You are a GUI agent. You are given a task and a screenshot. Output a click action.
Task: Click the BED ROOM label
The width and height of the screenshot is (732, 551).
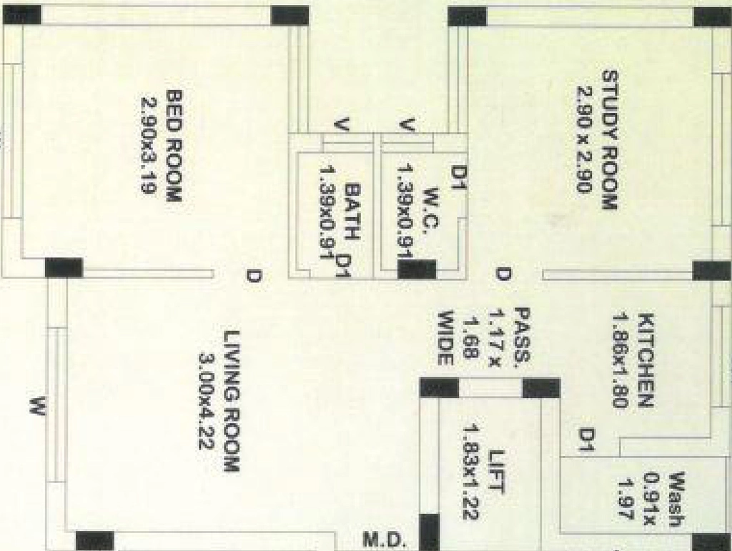point(173,146)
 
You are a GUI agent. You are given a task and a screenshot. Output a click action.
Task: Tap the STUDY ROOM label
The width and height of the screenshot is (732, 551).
point(610,139)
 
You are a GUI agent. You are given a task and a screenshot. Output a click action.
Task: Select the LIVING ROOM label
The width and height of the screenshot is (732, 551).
point(232,401)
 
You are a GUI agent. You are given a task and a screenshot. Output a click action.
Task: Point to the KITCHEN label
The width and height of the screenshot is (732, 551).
point(646,361)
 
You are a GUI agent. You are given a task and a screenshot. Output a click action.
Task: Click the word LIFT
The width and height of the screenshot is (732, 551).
point(496,471)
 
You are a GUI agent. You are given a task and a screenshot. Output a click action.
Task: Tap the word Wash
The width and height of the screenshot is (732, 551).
point(677,500)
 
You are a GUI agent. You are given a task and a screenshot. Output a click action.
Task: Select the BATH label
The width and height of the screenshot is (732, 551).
point(353,212)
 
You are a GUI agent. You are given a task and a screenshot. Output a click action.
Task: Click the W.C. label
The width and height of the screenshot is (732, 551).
point(431,208)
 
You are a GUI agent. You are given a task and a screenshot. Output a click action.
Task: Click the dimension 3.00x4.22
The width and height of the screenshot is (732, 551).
point(207,402)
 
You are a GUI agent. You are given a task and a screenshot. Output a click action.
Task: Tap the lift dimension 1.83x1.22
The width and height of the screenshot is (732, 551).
point(472,471)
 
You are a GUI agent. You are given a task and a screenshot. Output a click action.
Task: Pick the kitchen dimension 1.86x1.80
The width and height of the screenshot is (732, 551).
point(621,361)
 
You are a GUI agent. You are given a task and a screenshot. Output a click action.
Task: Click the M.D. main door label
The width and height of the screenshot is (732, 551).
point(383,540)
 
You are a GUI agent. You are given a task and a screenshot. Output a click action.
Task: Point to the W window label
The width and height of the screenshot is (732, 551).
point(38,405)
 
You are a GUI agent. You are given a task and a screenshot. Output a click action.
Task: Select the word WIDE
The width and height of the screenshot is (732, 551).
point(445,337)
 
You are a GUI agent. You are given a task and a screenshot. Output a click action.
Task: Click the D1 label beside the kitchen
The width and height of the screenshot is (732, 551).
point(587,440)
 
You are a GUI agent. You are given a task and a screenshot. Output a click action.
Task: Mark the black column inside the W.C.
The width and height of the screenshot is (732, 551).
point(417,269)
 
